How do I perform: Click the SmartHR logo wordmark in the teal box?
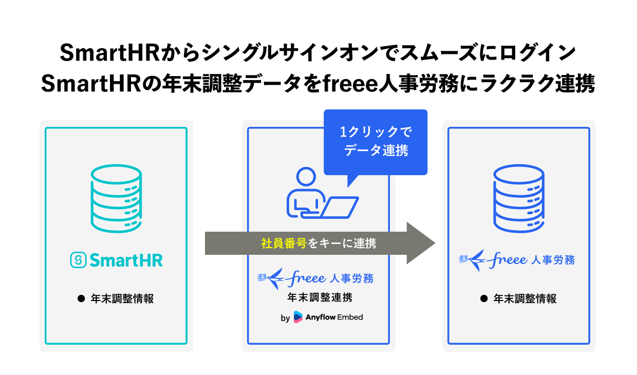point(116,260)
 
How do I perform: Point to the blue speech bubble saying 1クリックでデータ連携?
point(376,141)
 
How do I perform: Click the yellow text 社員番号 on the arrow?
point(283,243)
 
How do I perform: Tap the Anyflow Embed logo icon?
point(298,317)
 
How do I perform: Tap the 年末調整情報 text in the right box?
point(524,298)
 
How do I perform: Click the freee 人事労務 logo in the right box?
point(516,260)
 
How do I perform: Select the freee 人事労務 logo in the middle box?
point(316,278)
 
